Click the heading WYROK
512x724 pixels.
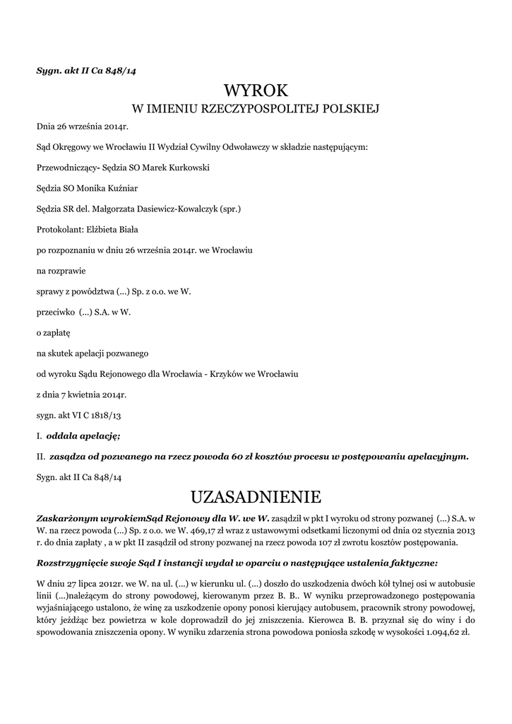[x=256, y=90]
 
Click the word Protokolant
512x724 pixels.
[x=59, y=230]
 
